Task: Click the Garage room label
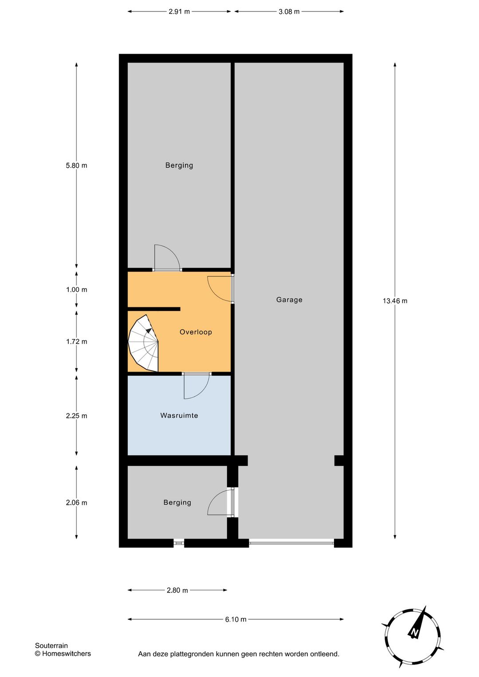click(x=289, y=300)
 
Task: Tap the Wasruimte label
click(x=179, y=415)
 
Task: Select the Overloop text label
click(x=196, y=332)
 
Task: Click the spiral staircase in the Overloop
click(x=144, y=343)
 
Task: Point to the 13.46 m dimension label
click(x=395, y=301)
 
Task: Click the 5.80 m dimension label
click(x=76, y=165)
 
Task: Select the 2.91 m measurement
click(x=179, y=12)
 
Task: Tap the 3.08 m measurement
click(x=289, y=12)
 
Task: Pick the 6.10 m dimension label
click(x=236, y=619)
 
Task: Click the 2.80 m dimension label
click(x=177, y=590)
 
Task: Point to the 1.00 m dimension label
click(x=76, y=290)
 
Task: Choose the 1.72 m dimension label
click(x=76, y=342)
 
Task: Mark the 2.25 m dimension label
click(x=76, y=416)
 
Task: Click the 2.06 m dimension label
click(x=76, y=503)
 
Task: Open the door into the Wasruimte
click(x=196, y=386)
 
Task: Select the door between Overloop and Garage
click(x=220, y=288)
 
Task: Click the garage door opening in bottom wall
click(x=291, y=543)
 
